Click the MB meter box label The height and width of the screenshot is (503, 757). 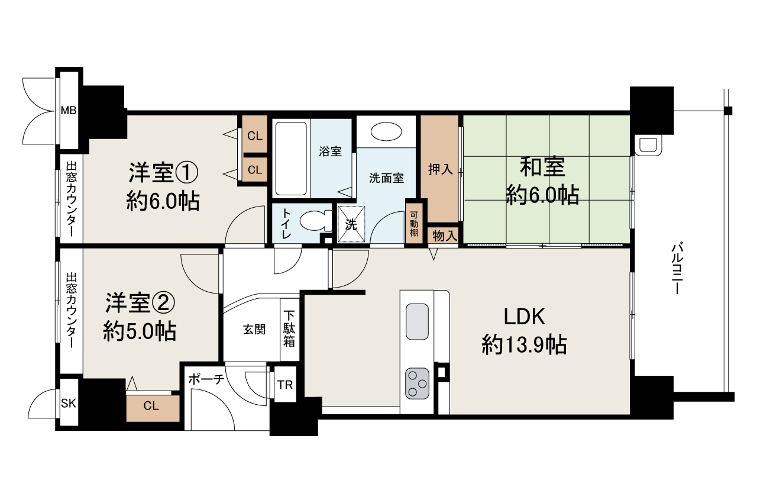click(x=69, y=110)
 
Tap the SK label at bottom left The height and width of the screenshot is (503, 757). click(x=68, y=404)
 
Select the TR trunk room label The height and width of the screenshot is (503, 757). click(x=285, y=385)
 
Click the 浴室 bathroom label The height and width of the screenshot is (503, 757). click(x=330, y=151)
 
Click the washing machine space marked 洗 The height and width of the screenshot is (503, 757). click(x=351, y=225)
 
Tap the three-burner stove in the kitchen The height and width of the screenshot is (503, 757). click(x=417, y=383)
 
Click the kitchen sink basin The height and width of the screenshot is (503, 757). click(x=417, y=321)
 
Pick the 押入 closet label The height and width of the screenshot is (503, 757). click(x=440, y=169)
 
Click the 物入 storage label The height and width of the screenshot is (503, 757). click(x=445, y=236)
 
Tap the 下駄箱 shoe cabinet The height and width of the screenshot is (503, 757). click(x=289, y=329)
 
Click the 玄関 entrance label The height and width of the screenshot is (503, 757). click(x=254, y=330)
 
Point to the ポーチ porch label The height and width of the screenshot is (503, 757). click(x=206, y=380)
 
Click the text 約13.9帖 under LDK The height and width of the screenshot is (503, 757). click(x=524, y=344)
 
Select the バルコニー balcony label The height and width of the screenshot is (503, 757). click(x=678, y=269)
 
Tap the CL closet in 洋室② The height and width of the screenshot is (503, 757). click(x=152, y=407)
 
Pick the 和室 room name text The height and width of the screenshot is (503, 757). click(x=542, y=167)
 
